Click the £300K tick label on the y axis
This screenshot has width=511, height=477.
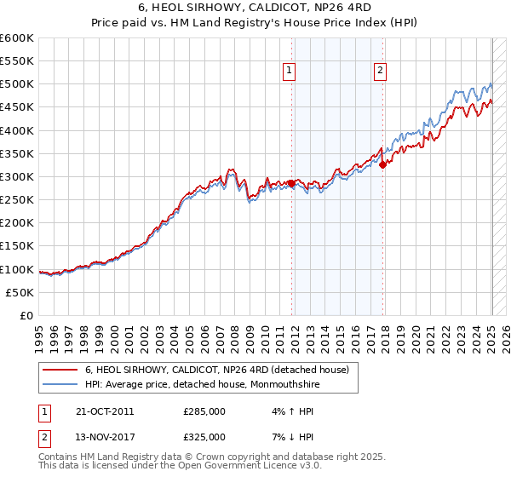pyautogui.click(x=17, y=177)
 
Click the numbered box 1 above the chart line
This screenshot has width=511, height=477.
pyautogui.click(x=290, y=72)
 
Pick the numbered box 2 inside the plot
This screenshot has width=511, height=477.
pyautogui.click(x=380, y=72)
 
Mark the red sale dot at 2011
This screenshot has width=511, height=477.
pyautogui.click(x=291, y=183)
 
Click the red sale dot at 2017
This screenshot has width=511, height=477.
pyautogui.click(x=383, y=165)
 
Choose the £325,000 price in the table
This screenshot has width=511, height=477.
pyautogui.click(x=204, y=437)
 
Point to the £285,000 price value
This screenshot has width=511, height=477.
pyautogui.click(x=204, y=411)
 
